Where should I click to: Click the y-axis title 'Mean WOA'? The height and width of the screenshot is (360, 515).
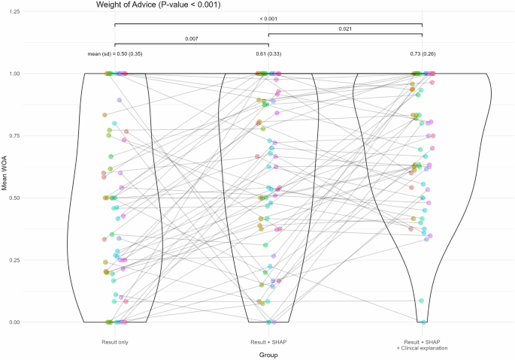[x=6, y=198]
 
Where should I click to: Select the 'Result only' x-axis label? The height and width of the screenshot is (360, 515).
[x=114, y=343]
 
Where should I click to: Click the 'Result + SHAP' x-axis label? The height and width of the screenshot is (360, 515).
[x=268, y=343]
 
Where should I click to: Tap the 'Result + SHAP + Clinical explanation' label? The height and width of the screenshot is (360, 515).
[x=422, y=345]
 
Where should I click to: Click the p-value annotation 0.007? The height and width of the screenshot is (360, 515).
[x=191, y=38]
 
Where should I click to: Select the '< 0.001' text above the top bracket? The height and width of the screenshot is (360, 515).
[x=268, y=18]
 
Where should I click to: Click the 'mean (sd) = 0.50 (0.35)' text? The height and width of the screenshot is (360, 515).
[x=115, y=55]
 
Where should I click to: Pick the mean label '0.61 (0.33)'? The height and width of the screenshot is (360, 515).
[x=268, y=55]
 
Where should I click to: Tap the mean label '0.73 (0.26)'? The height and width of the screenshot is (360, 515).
[x=422, y=55]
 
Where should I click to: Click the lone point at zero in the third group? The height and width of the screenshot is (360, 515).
[x=423, y=322]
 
